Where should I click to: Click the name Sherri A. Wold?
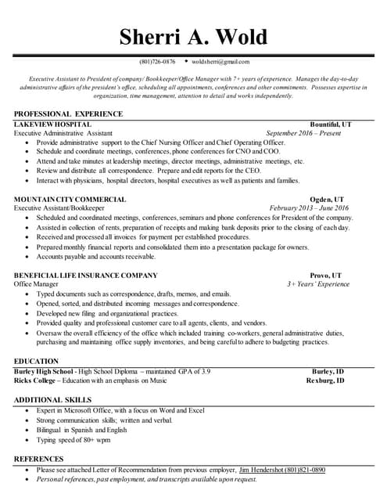[x=193, y=37]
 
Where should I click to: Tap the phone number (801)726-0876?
[x=157, y=61]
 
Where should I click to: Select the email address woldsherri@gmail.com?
[x=220, y=61]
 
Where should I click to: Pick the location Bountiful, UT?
[x=331, y=124]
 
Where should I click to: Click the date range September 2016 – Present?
[x=303, y=134]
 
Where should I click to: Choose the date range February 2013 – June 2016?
[x=310, y=208]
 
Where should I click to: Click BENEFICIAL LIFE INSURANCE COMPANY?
[x=86, y=276]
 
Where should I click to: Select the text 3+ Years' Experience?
[x=318, y=284]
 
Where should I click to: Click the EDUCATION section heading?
[x=36, y=361]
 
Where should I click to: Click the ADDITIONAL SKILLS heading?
[x=52, y=400]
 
